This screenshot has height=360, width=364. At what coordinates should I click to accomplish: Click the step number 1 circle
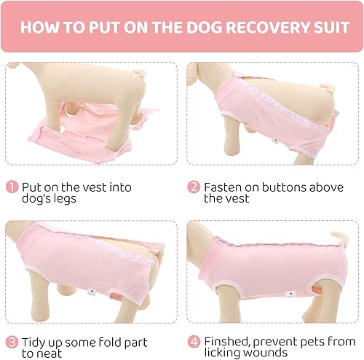click(12, 187)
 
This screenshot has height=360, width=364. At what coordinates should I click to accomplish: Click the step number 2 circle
click(194, 187)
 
